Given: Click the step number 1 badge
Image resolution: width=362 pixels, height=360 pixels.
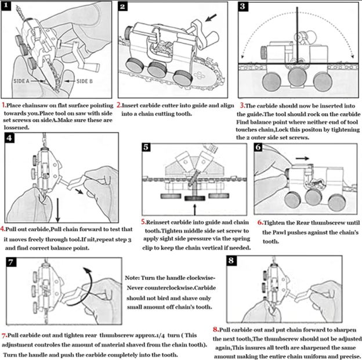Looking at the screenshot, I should click(8, 7).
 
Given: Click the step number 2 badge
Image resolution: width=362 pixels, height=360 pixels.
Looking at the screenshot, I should click(123, 7).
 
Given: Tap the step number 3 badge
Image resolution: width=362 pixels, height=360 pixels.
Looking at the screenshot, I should click(244, 7).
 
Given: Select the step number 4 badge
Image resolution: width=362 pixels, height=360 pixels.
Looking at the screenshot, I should click(10, 138).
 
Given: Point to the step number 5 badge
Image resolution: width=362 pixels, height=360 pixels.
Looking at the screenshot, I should click(148, 146).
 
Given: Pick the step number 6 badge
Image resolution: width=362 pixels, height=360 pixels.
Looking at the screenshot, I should click(259, 146).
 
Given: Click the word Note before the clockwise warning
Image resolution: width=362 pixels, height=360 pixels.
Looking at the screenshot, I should click(133, 278).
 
